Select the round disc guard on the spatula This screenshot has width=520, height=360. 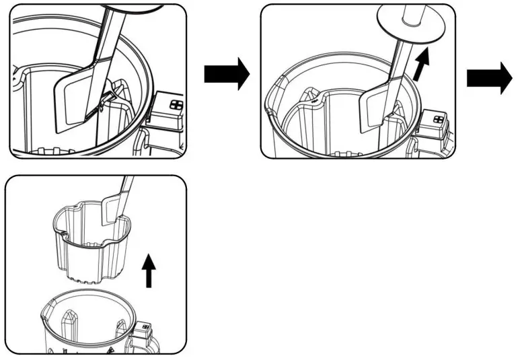click(x=408, y=25)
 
